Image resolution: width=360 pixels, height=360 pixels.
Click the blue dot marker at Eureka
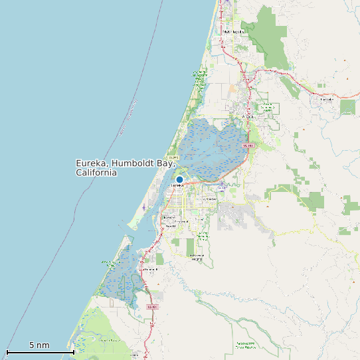[179, 179]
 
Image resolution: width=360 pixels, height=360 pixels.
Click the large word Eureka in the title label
[92, 163]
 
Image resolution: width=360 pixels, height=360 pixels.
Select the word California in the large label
[96, 173]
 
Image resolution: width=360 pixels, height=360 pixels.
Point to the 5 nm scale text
[39, 345]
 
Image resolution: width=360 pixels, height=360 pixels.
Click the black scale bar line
[40, 351]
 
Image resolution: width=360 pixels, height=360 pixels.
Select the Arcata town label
[248, 117]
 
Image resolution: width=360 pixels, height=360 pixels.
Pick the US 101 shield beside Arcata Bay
[248, 145]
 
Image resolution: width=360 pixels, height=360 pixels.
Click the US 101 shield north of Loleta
[151, 307]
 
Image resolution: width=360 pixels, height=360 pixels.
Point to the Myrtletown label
[209, 199]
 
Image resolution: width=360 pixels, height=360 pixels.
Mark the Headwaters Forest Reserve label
[245, 345]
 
